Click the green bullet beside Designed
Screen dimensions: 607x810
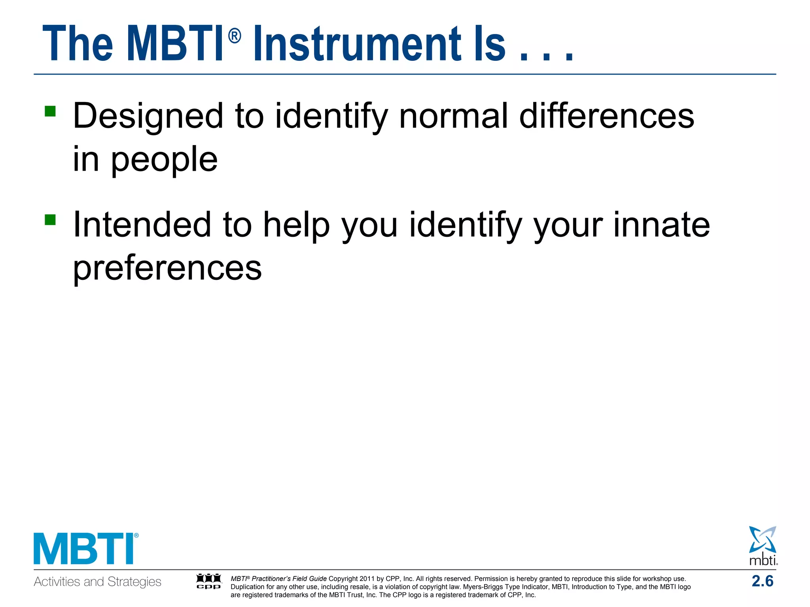coord(50,111)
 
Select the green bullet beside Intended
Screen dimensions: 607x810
coord(50,219)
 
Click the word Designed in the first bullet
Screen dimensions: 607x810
coord(148,117)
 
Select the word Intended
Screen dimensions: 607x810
coord(142,224)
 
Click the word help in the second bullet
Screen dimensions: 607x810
coord(296,225)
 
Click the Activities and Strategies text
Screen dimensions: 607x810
coord(97,582)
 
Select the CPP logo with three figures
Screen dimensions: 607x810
coord(209,581)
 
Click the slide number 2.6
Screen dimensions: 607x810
coord(762,581)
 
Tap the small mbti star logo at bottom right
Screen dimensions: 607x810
coord(763,545)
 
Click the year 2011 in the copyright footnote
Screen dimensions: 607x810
coord(367,579)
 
